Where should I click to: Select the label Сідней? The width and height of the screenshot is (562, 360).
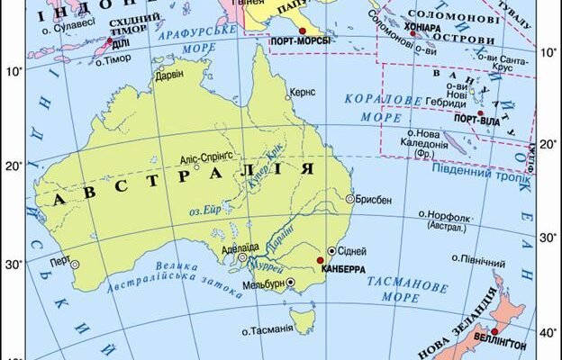point(352,251)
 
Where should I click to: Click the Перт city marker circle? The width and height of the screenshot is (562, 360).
point(75,264)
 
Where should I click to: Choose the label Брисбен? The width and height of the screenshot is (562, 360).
point(373,199)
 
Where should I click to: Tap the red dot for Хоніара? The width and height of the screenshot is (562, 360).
point(413,34)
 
